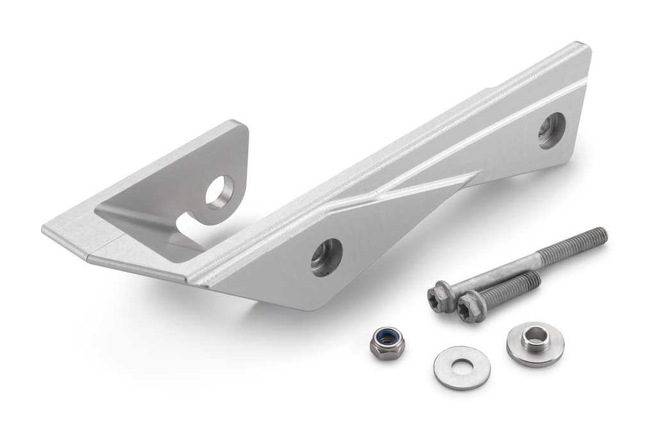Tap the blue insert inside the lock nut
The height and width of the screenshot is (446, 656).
pos(387,338)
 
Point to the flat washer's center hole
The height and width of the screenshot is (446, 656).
pos(462,367)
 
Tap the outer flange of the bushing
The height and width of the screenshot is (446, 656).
pos(551,350)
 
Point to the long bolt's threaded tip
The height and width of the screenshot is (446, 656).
pos(599,236)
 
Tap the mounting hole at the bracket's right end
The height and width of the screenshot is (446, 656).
pos(552,131)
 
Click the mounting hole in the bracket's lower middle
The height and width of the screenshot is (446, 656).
pos(327,257)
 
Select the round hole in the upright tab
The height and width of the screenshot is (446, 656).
pos(220,192)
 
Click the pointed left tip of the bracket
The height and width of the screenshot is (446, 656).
pos(46,228)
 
